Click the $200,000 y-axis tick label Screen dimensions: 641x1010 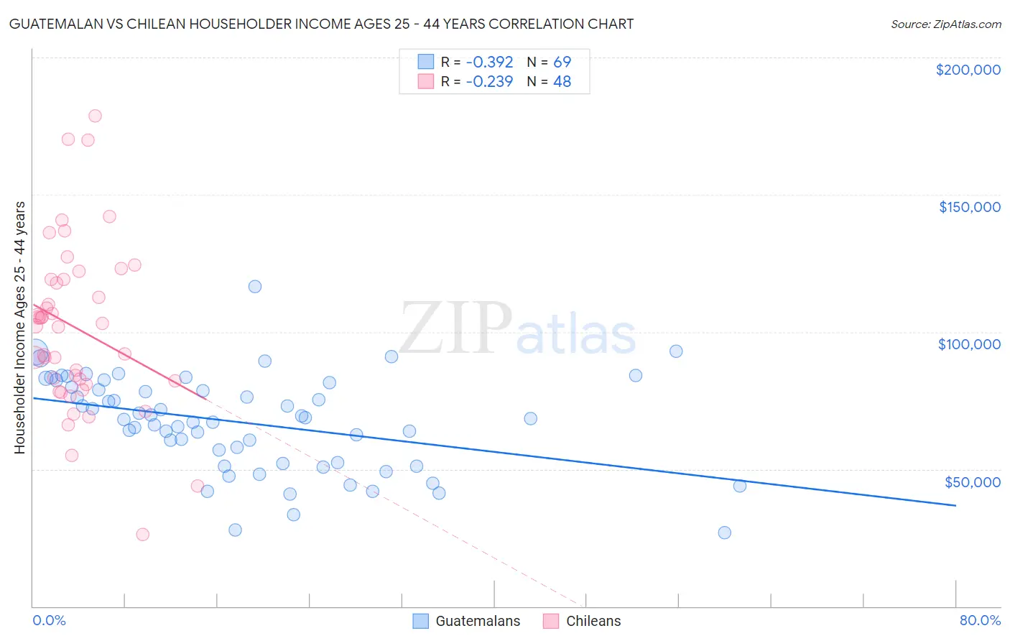tap(968, 70)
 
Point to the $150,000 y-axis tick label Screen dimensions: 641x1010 tap(969, 207)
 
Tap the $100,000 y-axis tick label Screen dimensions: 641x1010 tap(969, 344)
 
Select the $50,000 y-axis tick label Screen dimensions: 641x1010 tap(972, 481)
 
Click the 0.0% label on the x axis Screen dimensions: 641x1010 tap(49, 620)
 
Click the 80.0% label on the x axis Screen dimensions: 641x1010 tap(980, 620)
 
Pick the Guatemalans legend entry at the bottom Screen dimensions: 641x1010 tap(467, 621)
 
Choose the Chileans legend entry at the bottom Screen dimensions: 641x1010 tap(583, 621)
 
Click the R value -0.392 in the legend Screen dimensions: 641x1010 tap(489, 62)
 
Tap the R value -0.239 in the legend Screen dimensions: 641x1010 tap(489, 82)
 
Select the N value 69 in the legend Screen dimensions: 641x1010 tap(562, 62)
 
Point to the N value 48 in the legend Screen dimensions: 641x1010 tap(562, 82)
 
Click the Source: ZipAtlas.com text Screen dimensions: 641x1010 tap(945, 24)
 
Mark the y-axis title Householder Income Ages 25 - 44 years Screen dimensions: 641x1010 tap(20, 328)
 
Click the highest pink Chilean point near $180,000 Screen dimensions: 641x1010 tap(95, 116)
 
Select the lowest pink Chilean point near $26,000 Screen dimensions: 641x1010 tap(142, 535)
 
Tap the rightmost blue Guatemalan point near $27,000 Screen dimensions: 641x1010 tap(724, 532)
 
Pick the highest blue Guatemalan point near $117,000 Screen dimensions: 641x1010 tap(255, 287)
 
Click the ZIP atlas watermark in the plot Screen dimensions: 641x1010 tap(517, 330)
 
